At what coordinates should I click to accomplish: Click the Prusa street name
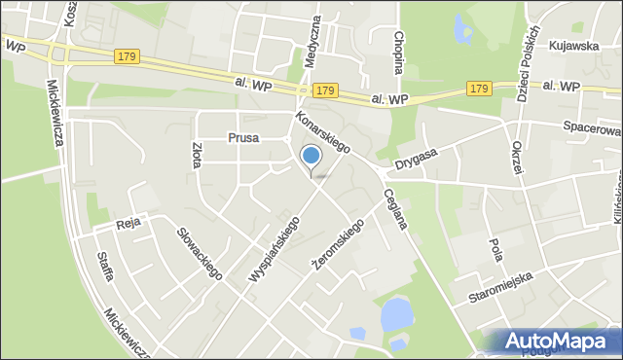[243, 138]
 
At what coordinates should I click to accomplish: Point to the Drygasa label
[418, 157]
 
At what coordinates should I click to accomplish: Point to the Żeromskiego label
[337, 244]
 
